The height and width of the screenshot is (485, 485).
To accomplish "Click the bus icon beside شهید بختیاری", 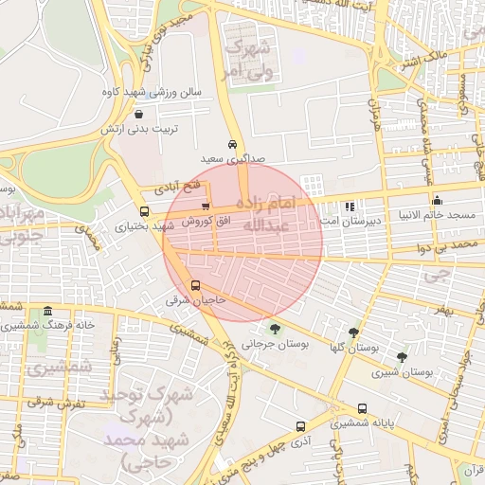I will [x=144, y=212].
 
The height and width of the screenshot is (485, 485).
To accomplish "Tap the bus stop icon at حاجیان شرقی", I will [x=196, y=285].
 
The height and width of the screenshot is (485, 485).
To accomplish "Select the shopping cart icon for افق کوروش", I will [x=206, y=207].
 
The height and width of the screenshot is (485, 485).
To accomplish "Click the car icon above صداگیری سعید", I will [x=233, y=145].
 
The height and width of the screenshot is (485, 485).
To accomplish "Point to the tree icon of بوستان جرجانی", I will [x=275, y=329].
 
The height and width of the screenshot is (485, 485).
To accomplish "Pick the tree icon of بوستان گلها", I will [x=353, y=332].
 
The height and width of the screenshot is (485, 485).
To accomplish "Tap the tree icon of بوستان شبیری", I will [x=404, y=357].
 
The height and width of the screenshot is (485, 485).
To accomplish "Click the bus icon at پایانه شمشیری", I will [x=362, y=408].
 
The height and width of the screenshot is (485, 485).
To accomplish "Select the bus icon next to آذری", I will [x=300, y=426].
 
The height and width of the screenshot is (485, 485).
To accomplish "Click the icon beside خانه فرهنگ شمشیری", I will [x=47, y=311].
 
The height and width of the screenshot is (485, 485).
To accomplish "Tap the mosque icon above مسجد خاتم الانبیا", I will [x=437, y=201].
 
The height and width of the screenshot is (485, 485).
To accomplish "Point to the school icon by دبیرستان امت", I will [x=350, y=206].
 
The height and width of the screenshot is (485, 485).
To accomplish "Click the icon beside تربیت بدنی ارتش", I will [x=139, y=114].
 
